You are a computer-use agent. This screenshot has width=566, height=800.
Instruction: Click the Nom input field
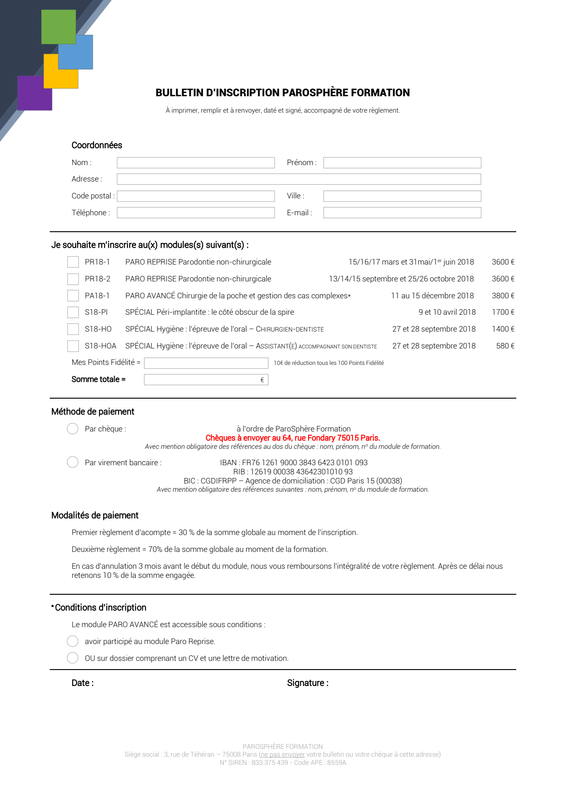(x=195, y=163)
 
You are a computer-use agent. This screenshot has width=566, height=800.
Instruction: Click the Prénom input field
(x=402, y=163)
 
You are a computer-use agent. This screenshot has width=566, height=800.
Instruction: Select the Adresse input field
(x=299, y=179)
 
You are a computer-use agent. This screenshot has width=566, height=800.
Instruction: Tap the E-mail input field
(x=402, y=213)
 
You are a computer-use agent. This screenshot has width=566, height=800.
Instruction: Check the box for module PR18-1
(x=73, y=262)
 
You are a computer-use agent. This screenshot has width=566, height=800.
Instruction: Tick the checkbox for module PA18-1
(x=73, y=296)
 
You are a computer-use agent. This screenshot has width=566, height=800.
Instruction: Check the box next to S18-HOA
(x=73, y=346)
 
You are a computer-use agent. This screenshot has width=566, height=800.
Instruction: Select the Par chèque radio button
(x=73, y=429)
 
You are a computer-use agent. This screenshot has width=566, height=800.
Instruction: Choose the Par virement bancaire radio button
(x=73, y=462)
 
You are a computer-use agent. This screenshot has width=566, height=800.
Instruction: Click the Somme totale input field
(x=203, y=379)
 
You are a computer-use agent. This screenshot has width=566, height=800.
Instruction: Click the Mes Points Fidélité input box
(x=206, y=363)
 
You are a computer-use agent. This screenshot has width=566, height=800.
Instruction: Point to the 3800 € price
(x=503, y=296)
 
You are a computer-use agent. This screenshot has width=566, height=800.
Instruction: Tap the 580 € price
(x=505, y=346)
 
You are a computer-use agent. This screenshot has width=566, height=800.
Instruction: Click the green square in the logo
(x=58, y=26)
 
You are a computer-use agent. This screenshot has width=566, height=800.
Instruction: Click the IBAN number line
(x=293, y=462)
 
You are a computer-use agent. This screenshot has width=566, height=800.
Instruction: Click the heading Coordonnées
(x=97, y=145)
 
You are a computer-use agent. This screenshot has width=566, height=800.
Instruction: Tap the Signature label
(x=307, y=683)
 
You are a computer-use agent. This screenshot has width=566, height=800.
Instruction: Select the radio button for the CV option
(x=73, y=658)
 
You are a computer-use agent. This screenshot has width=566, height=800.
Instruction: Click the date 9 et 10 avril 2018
(x=447, y=312)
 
